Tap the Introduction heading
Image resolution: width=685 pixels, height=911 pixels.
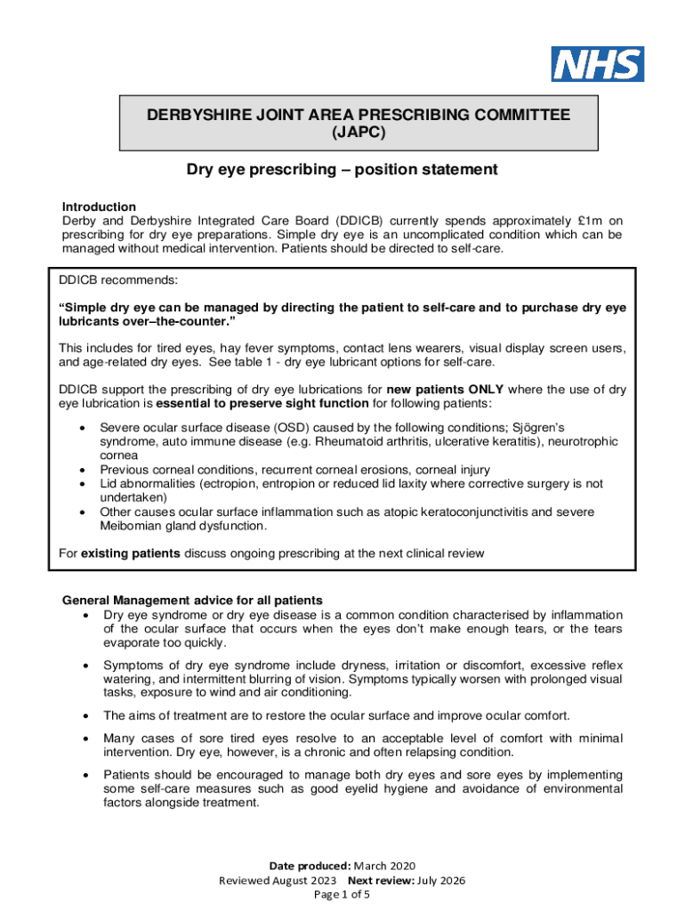99,206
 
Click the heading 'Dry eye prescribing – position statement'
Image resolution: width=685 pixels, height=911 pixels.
342,169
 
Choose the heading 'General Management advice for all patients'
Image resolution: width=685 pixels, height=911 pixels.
192,599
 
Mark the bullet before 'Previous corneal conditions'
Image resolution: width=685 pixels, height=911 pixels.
82,470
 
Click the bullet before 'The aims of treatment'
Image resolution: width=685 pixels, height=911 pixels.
85,715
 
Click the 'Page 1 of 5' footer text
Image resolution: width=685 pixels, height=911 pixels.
342,895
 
